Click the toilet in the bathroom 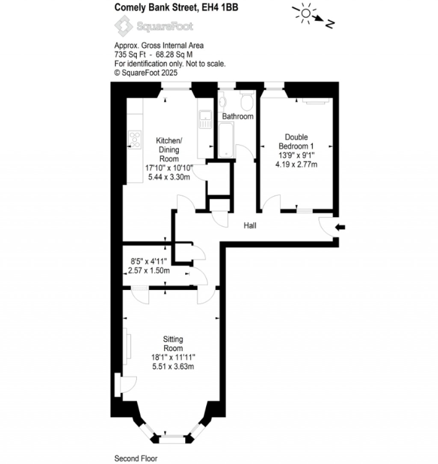247,102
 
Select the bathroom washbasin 222,102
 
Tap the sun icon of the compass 305,13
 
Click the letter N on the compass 329,24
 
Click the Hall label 250,225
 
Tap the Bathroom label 237,116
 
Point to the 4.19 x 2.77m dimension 296,164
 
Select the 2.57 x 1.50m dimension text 149,270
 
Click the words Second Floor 136,458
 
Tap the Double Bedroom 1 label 296,141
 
